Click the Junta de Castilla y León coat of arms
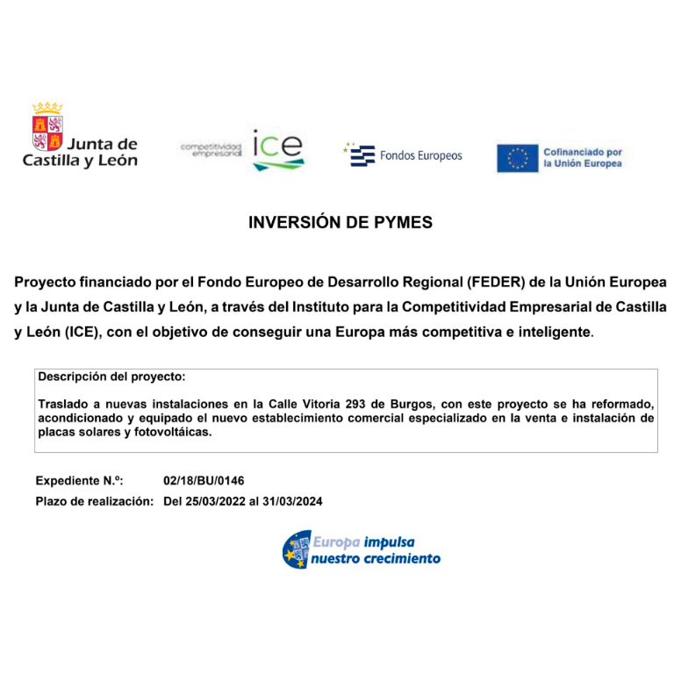pos(47,127)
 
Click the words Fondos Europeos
pos(420,156)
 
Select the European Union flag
pos(517,158)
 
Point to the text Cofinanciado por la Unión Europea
pos(582,158)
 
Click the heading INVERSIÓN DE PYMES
pos(341,223)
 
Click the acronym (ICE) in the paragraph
pos(85,333)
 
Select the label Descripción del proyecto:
pos(111,376)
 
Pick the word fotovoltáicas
pos(171,432)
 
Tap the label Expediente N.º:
pos(79,481)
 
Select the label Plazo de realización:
pos(95,502)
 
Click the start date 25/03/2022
pos(215,502)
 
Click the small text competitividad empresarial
pos(211,149)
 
